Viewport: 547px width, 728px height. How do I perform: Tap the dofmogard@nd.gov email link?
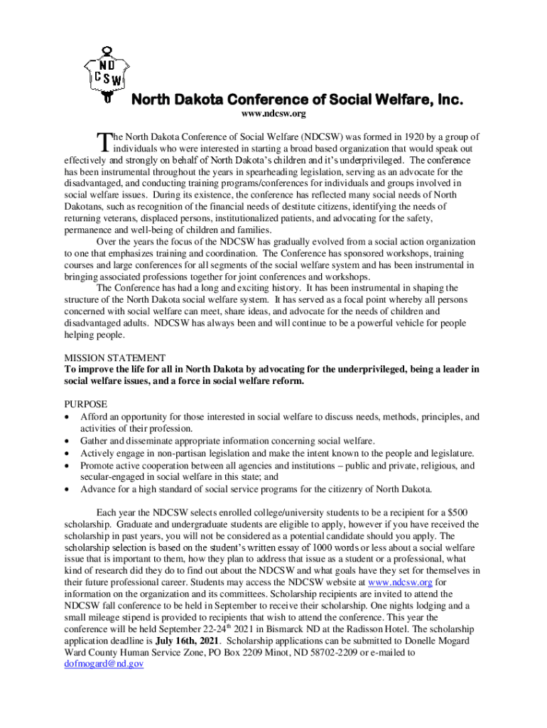click(x=104, y=663)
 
